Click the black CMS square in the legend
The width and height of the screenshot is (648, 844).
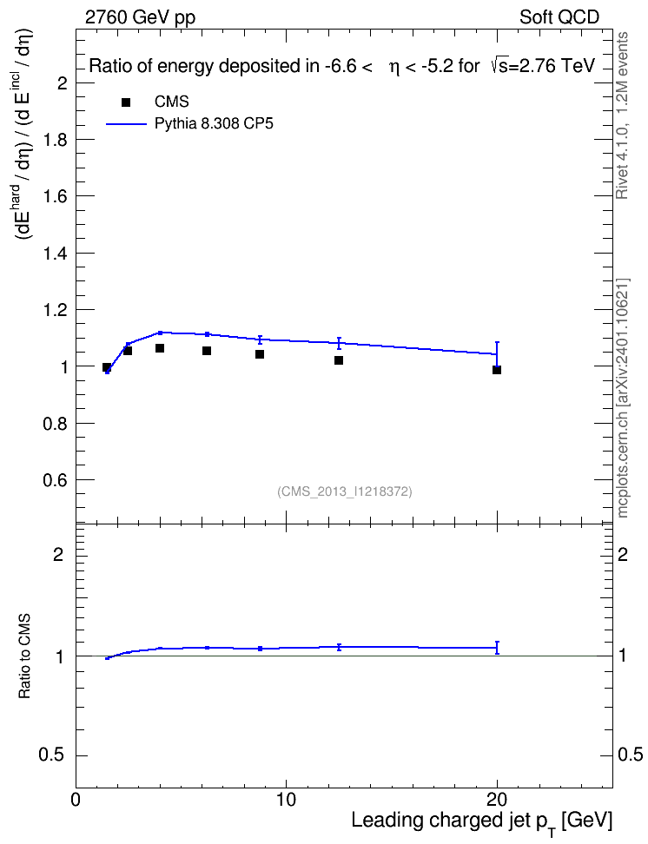coord(126,102)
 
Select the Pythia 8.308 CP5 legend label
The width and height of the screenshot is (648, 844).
coord(214,123)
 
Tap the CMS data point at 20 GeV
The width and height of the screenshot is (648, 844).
coord(497,370)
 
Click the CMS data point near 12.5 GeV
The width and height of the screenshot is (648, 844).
coord(339,360)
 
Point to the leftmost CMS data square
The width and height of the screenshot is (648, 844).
coord(107,367)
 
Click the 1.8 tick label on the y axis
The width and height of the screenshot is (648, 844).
coord(55,140)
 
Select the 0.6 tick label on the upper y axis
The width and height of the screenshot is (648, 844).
coord(55,480)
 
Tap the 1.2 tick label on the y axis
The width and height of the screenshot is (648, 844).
coord(55,310)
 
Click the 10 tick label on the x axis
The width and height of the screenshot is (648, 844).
coord(286,800)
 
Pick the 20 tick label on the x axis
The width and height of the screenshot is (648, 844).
coord(497,800)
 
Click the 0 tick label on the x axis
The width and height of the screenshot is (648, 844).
coord(76,800)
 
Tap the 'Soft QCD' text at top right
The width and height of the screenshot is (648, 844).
coord(559,17)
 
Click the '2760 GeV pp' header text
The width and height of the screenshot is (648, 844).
coord(140,17)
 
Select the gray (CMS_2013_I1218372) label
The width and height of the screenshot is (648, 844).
coord(345,491)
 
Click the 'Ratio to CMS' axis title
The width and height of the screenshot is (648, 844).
coord(25,656)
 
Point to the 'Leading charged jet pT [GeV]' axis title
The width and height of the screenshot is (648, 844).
coord(482,822)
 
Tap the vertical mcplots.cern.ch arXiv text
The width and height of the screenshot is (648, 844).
coord(623,398)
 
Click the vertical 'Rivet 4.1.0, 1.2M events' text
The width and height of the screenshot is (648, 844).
coord(623,115)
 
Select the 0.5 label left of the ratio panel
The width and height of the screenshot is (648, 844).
coord(51,755)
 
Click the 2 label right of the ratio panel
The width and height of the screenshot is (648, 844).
coord(623,554)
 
